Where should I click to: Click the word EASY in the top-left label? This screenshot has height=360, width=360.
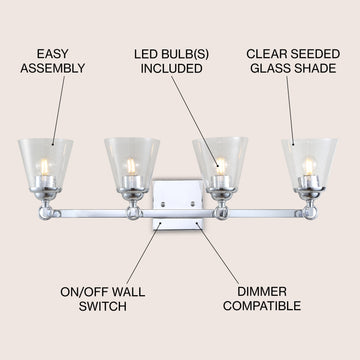click(52, 54)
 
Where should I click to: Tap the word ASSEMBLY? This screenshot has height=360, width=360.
click(53, 68)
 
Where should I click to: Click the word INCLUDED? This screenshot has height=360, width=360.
click(171, 69)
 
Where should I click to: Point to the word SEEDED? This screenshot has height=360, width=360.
click(315, 54)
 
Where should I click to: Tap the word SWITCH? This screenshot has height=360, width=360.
click(103, 306)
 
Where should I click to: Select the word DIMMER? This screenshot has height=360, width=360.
click(262, 292)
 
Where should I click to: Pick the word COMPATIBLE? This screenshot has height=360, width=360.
click(262, 306)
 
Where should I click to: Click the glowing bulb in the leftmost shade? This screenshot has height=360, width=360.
click(44, 167)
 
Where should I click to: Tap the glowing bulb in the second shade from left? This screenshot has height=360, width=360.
click(131, 166)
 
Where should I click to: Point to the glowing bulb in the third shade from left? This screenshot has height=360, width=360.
click(221, 166)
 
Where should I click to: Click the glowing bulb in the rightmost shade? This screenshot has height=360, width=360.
click(309, 166)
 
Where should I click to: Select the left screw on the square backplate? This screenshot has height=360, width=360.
click(163, 204)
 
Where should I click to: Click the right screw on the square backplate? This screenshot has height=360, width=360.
click(192, 204)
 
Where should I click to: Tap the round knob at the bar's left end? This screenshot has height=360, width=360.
click(45, 213)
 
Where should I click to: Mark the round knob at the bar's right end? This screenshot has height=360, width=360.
click(310, 213)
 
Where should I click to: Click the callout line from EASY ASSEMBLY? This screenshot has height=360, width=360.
click(58, 111)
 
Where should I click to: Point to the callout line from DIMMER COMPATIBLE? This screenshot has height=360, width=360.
click(217, 253)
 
